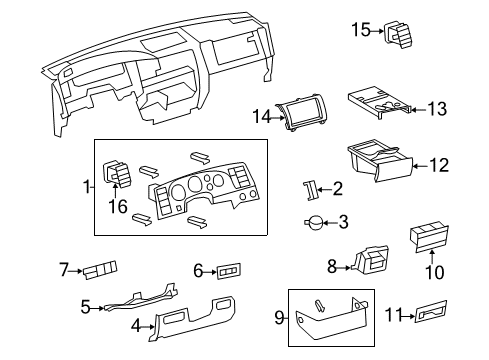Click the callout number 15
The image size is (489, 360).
click(x=360, y=31)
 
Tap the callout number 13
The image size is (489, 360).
click(x=438, y=106)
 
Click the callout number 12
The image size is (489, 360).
click(x=439, y=165)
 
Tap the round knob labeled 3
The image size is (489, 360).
click(x=317, y=222)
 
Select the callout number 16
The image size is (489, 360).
click(x=118, y=207)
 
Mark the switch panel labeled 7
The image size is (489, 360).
click(x=102, y=270)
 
